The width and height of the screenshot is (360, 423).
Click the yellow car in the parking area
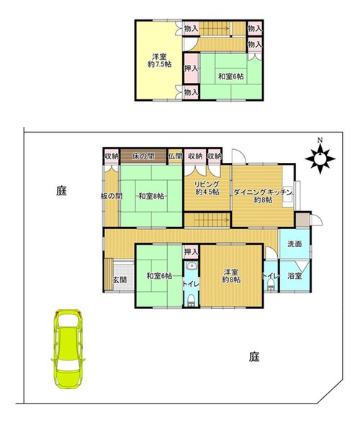click(68, 349)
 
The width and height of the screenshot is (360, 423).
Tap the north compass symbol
click(320, 157)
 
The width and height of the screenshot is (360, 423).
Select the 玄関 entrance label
click(120, 280)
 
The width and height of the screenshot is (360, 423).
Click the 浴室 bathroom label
click(294, 276)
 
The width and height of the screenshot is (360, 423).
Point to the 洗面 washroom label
click(294, 244)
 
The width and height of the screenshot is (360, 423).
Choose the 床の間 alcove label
click(143, 156)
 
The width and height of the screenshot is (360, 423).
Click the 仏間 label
click(176, 156)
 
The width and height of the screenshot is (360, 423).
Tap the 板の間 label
click(112, 196)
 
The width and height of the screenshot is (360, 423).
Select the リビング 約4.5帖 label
click(207, 188)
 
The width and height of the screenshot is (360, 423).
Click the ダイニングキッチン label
click(263, 192)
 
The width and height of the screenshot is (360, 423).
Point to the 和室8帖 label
click(151, 196)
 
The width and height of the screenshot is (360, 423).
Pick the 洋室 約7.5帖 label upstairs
click(160, 61)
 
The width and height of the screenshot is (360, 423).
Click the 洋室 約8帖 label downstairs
click(231, 276)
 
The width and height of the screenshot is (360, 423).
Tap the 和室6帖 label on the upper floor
click(231, 76)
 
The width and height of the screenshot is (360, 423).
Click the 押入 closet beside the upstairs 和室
click(192, 68)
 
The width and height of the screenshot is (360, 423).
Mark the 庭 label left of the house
click(61, 191)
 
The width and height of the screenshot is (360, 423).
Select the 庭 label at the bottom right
click(254, 357)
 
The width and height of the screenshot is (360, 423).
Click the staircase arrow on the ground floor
click(212, 219)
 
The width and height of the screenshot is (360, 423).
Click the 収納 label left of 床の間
click(112, 156)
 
